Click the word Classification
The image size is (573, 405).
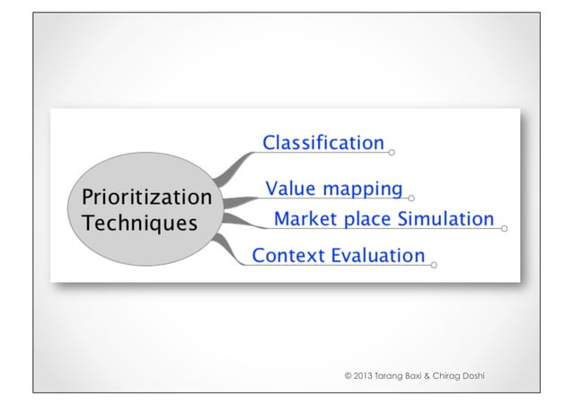pos(322,143)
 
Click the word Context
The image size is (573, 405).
pos(288,256)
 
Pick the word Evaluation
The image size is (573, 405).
pos(377,256)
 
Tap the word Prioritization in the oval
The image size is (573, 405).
pos(146,197)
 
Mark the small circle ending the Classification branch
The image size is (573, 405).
pos(392,153)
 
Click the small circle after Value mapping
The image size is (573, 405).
pos(411,198)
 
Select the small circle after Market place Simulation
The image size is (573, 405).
pos(504,229)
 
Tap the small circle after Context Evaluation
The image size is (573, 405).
pos(435,265)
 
